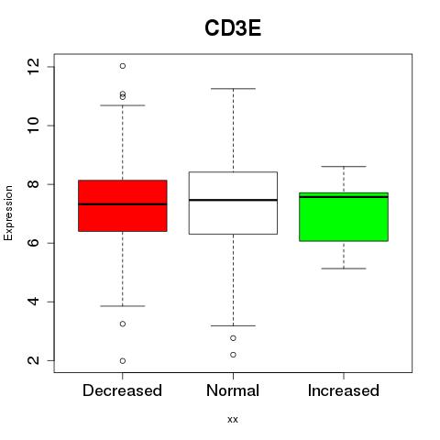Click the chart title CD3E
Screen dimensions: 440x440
(x=233, y=28)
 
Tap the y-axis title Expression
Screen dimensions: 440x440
(x=8, y=213)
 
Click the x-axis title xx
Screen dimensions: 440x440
(x=233, y=420)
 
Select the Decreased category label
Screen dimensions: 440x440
(x=122, y=390)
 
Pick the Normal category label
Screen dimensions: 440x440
(x=233, y=390)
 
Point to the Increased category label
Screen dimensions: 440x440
(x=344, y=390)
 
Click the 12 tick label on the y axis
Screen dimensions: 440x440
(x=33, y=67)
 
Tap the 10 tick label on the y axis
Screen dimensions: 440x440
(x=33, y=126)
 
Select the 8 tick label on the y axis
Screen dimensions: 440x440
(x=33, y=184)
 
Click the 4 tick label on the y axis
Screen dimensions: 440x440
(x=33, y=302)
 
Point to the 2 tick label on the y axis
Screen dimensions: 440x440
(x=33, y=360)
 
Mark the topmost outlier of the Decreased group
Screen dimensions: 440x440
(x=123, y=66)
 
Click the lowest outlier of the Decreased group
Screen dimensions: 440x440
(x=123, y=361)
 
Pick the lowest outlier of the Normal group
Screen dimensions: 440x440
(x=233, y=355)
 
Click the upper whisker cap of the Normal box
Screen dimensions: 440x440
(x=233, y=89)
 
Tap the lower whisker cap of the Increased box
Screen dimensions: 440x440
(x=344, y=269)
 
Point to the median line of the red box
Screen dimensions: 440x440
(x=123, y=204)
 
